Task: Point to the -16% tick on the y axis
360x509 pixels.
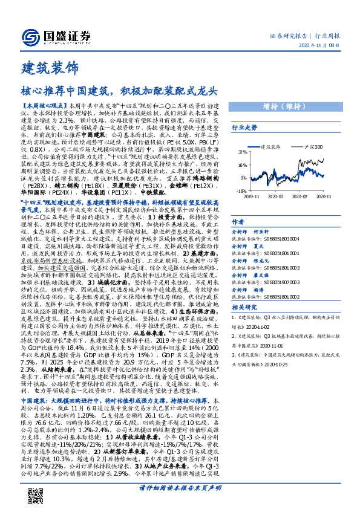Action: [240, 190]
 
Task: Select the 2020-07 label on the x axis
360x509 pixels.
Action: [301, 196]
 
